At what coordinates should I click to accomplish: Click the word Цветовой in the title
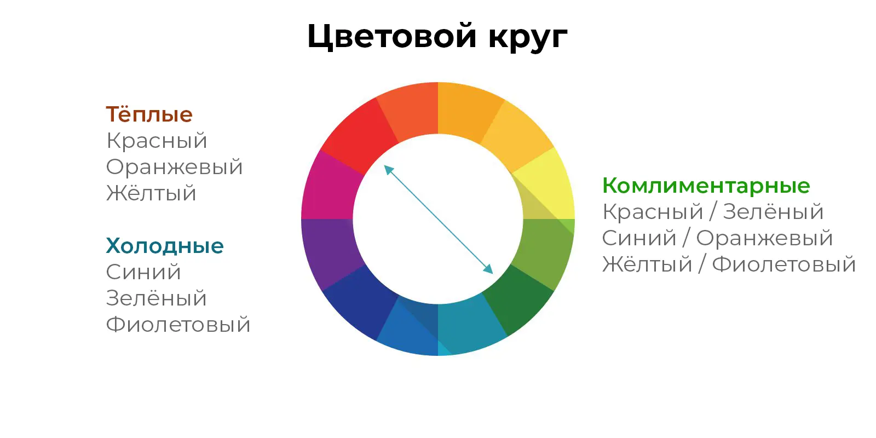click(x=391, y=37)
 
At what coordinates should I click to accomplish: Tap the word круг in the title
click(x=527, y=37)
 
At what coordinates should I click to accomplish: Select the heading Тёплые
click(x=149, y=114)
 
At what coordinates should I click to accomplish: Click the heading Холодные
click(x=165, y=246)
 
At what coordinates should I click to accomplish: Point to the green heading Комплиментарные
click(x=706, y=186)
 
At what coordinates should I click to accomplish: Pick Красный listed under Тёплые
click(x=157, y=141)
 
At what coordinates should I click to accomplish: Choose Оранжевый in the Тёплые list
click(x=174, y=167)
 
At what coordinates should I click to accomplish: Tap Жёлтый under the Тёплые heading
click(x=151, y=193)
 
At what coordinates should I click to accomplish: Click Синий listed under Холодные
click(x=143, y=272)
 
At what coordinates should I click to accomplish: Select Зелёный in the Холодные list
click(x=156, y=298)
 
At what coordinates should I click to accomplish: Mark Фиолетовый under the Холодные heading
click(x=178, y=325)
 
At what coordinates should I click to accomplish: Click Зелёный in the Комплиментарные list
click(x=773, y=212)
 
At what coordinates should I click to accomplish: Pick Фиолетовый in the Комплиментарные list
click(x=783, y=264)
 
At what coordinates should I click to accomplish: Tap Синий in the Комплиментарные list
click(x=639, y=238)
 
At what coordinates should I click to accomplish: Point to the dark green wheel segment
click(x=517, y=301)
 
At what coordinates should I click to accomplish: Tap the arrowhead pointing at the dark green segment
click(x=488, y=269)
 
